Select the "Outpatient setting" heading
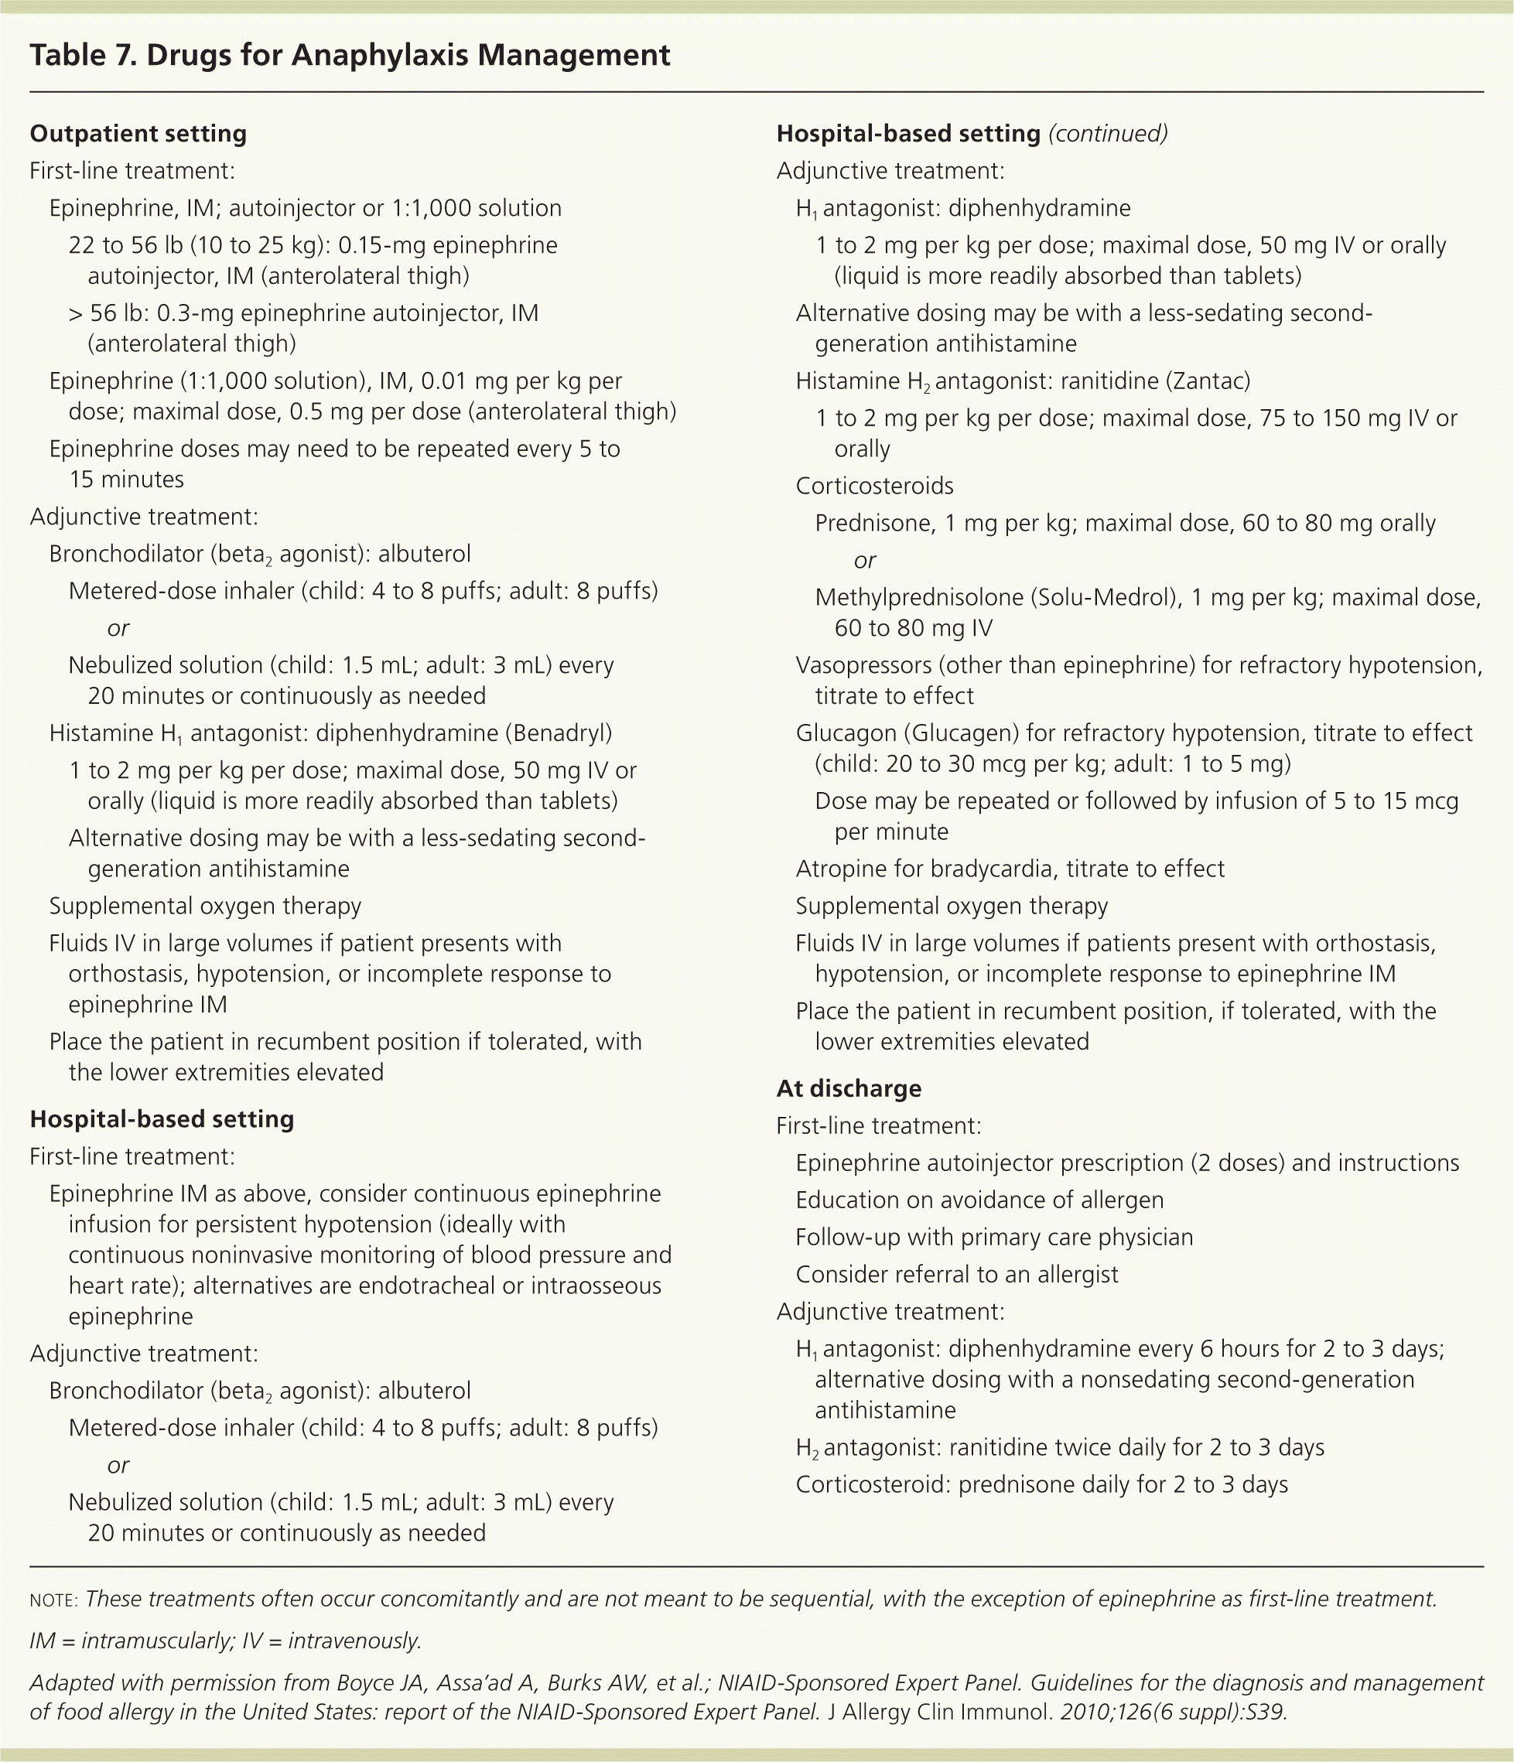pos(138,134)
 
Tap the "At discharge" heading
pos(848,1088)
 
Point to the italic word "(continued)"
pos(1109,134)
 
